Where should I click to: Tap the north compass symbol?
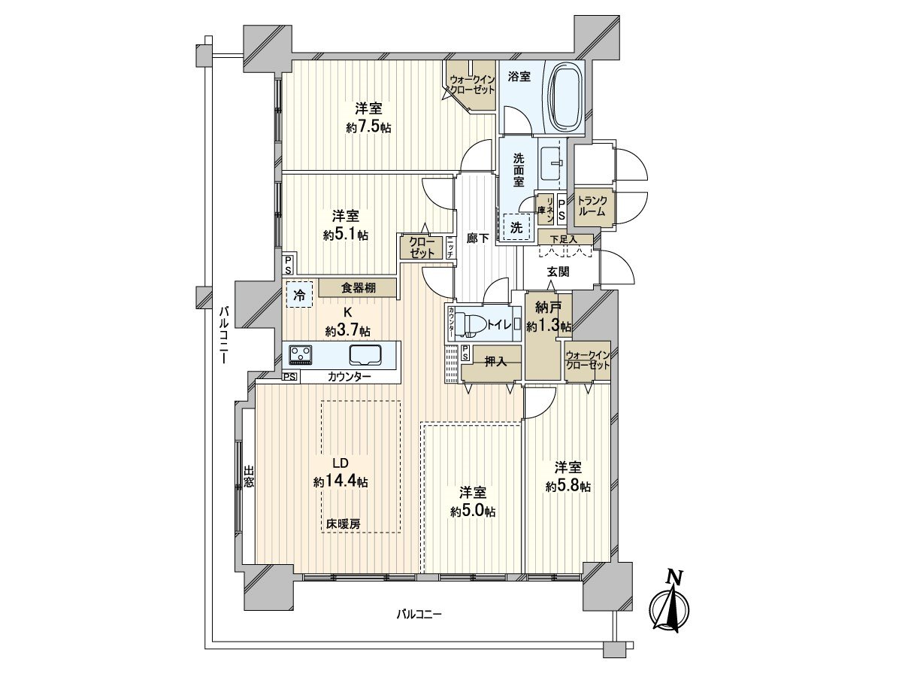coord(667,609)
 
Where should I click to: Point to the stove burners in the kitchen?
coord(302,354)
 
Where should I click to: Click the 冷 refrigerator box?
coord(298,295)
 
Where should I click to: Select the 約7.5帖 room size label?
coord(368,128)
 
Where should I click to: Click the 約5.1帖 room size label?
coord(346,235)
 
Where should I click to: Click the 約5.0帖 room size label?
coord(473,512)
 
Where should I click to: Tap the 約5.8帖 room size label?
coord(568,486)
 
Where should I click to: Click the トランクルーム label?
coord(592,206)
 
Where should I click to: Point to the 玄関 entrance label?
coord(557,272)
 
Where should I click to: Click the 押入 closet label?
coord(495,361)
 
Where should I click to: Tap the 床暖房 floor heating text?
coord(343,524)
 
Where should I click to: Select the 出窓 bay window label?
coord(248,477)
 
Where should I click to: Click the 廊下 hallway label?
coord(478,238)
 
